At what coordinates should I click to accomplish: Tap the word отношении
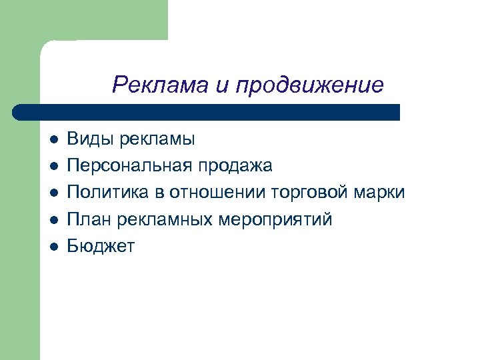(x=218, y=193)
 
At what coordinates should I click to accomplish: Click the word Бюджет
(x=101, y=247)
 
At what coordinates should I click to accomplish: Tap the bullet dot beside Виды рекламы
(x=54, y=140)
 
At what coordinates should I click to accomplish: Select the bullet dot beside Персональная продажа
(x=54, y=167)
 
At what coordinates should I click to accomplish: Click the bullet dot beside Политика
(x=54, y=193)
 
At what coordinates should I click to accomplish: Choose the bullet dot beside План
(x=54, y=220)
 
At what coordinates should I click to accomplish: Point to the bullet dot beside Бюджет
(x=54, y=247)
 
